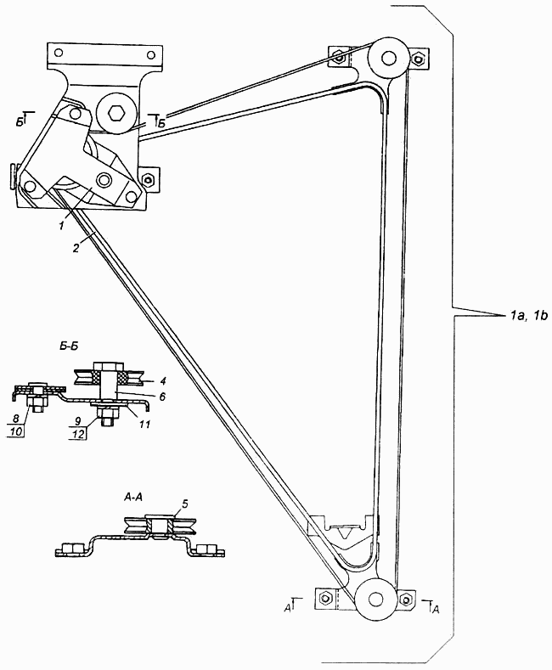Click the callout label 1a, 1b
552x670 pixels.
pyautogui.click(x=527, y=316)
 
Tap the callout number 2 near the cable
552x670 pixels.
pyautogui.click(x=76, y=248)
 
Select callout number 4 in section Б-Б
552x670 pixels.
pyautogui.click(x=163, y=380)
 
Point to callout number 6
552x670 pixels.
pyautogui.click(x=162, y=397)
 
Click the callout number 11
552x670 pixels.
pyautogui.click(x=145, y=425)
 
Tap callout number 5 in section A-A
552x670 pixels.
pyautogui.click(x=184, y=504)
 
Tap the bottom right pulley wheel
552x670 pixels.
pyautogui.click(x=375, y=599)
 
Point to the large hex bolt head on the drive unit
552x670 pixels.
pyautogui.click(x=115, y=114)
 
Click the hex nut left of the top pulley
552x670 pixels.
pyautogui.click(x=339, y=56)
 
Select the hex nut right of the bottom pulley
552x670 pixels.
pyautogui.click(x=405, y=598)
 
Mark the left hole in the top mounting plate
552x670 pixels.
pyautogui.click(x=59, y=53)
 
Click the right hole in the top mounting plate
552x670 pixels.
pyautogui.click(x=150, y=54)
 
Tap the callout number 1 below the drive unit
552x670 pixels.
pyautogui.click(x=62, y=226)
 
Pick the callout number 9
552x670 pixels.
pyautogui.click(x=78, y=420)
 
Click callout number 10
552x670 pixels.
pyautogui.click(x=16, y=432)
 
